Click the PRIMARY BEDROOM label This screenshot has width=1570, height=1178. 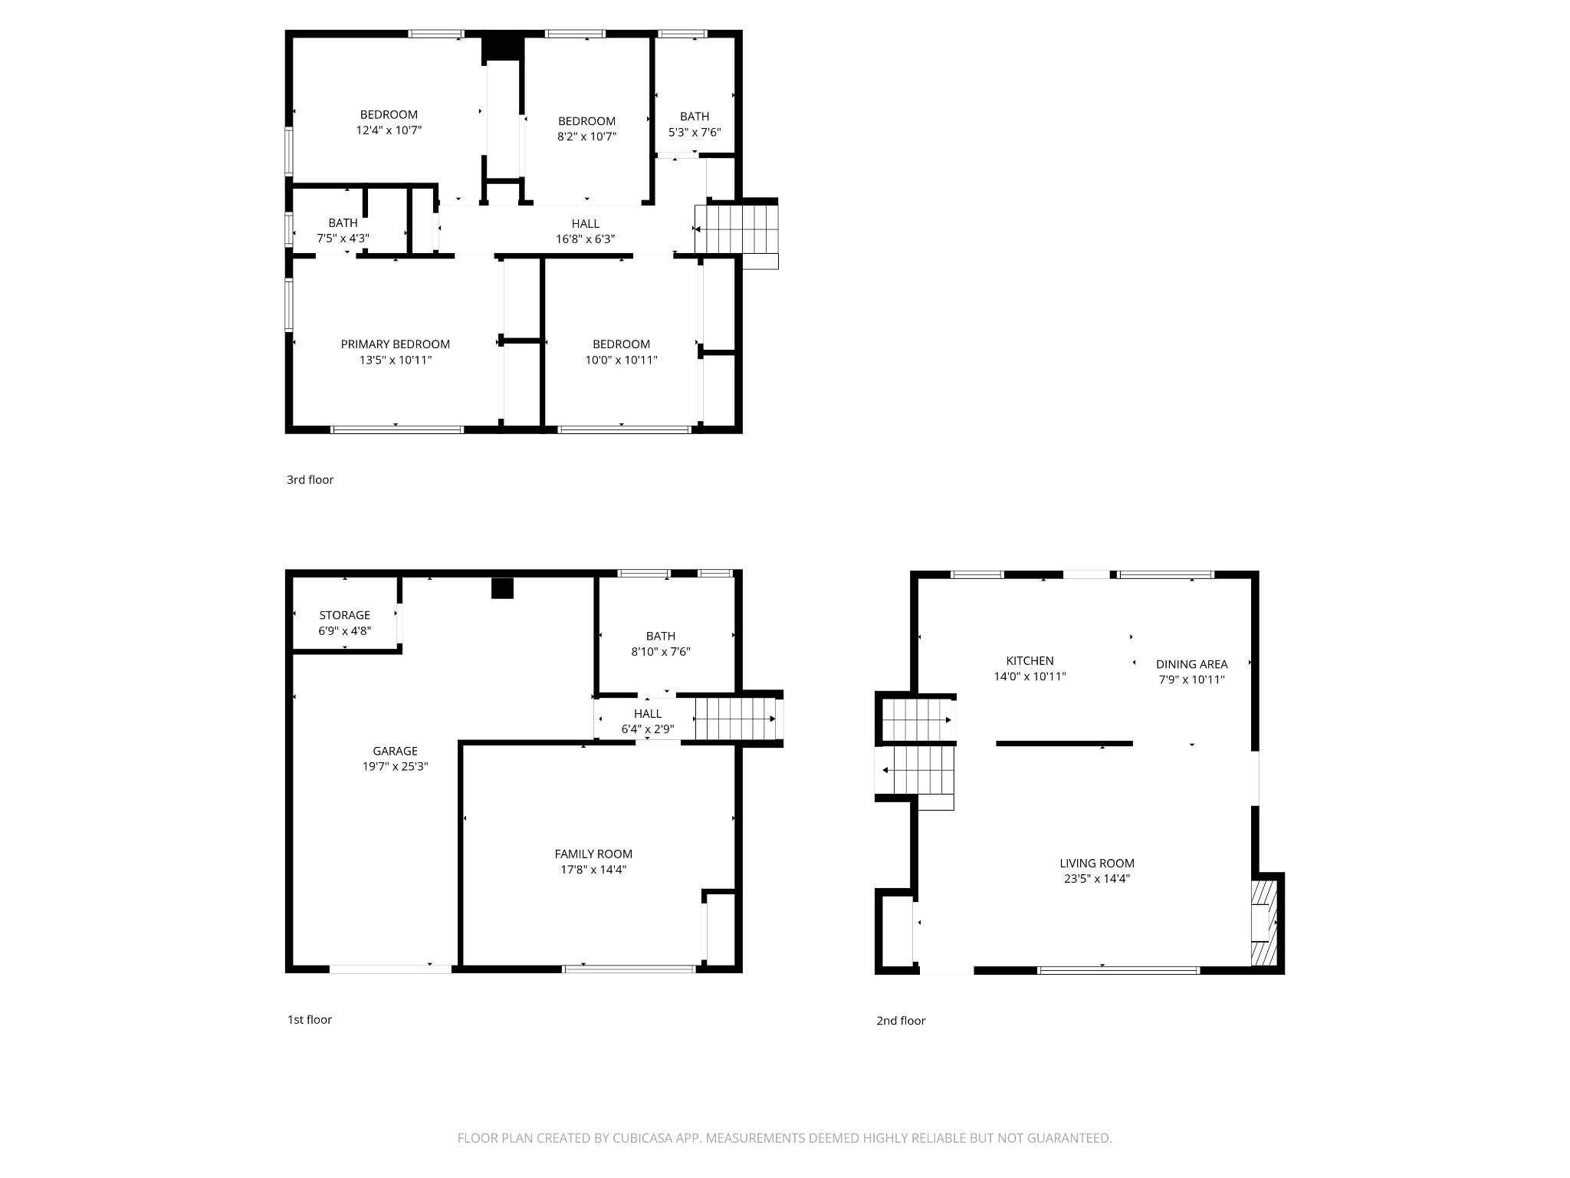coord(395,344)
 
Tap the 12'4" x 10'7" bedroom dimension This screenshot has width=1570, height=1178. coord(389,130)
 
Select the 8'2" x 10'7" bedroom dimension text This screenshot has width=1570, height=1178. coord(586,137)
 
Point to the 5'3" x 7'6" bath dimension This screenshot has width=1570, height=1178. coord(695,132)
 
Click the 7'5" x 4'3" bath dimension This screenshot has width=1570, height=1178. coord(343,239)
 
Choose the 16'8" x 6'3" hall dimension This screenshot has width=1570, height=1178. coord(585,239)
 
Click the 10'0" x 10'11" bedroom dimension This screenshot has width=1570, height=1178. coord(621,360)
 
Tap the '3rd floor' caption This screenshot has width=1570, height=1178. coord(310,480)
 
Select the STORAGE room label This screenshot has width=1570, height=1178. coord(344,615)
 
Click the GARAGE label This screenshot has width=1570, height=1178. coord(395,751)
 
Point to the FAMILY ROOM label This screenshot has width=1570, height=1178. coord(593,854)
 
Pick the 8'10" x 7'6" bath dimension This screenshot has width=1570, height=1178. coord(660,652)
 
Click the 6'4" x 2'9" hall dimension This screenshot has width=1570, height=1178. coord(647,729)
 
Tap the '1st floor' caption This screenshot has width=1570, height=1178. coord(309,1020)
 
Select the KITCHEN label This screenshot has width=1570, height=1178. coord(1030,660)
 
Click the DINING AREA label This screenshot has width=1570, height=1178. coord(1191,664)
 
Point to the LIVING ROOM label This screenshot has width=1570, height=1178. coord(1096,864)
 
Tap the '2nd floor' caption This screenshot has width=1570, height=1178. coord(901,1021)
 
